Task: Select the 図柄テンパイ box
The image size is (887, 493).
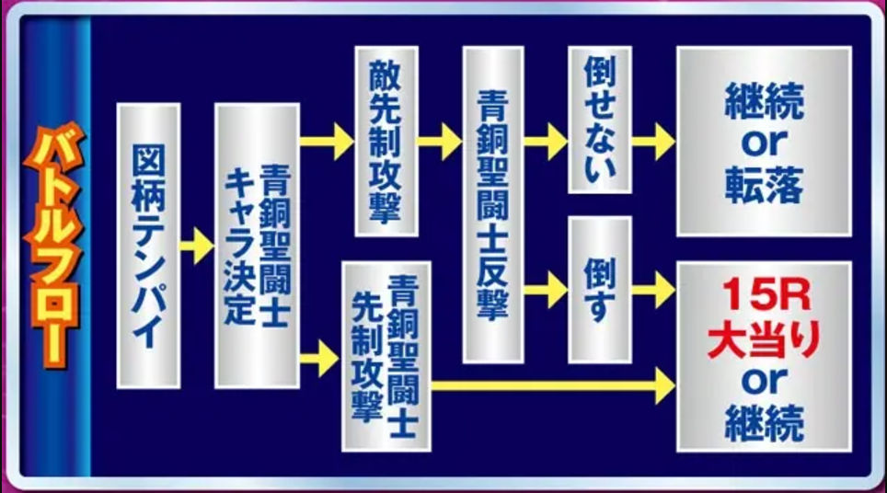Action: (148, 246)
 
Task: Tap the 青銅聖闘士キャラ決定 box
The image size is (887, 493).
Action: (257, 246)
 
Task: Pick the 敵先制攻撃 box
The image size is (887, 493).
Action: (386, 142)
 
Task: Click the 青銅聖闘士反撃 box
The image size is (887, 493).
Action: (493, 205)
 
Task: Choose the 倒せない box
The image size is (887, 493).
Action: (600, 120)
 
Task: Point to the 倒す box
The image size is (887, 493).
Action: (600, 290)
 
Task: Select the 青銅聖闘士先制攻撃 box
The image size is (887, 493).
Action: (386, 356)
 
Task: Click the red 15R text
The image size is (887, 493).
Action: (765, 294)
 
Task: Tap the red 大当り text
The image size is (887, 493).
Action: (765, 340)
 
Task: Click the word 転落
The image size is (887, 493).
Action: (765, 184)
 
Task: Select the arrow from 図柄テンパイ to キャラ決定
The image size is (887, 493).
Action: (198, 246)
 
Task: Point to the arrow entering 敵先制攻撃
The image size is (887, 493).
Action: (327, 142)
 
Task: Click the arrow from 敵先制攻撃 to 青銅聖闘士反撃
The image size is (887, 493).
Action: (440, 142)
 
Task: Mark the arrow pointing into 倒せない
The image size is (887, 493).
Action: (546, 142)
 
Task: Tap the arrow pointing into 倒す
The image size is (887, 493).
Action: (546, 290)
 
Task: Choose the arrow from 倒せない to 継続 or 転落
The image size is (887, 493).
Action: (654, 142)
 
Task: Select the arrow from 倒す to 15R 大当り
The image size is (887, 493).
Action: (654, 290)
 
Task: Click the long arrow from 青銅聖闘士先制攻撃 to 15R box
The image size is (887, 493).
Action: (553, 385)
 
